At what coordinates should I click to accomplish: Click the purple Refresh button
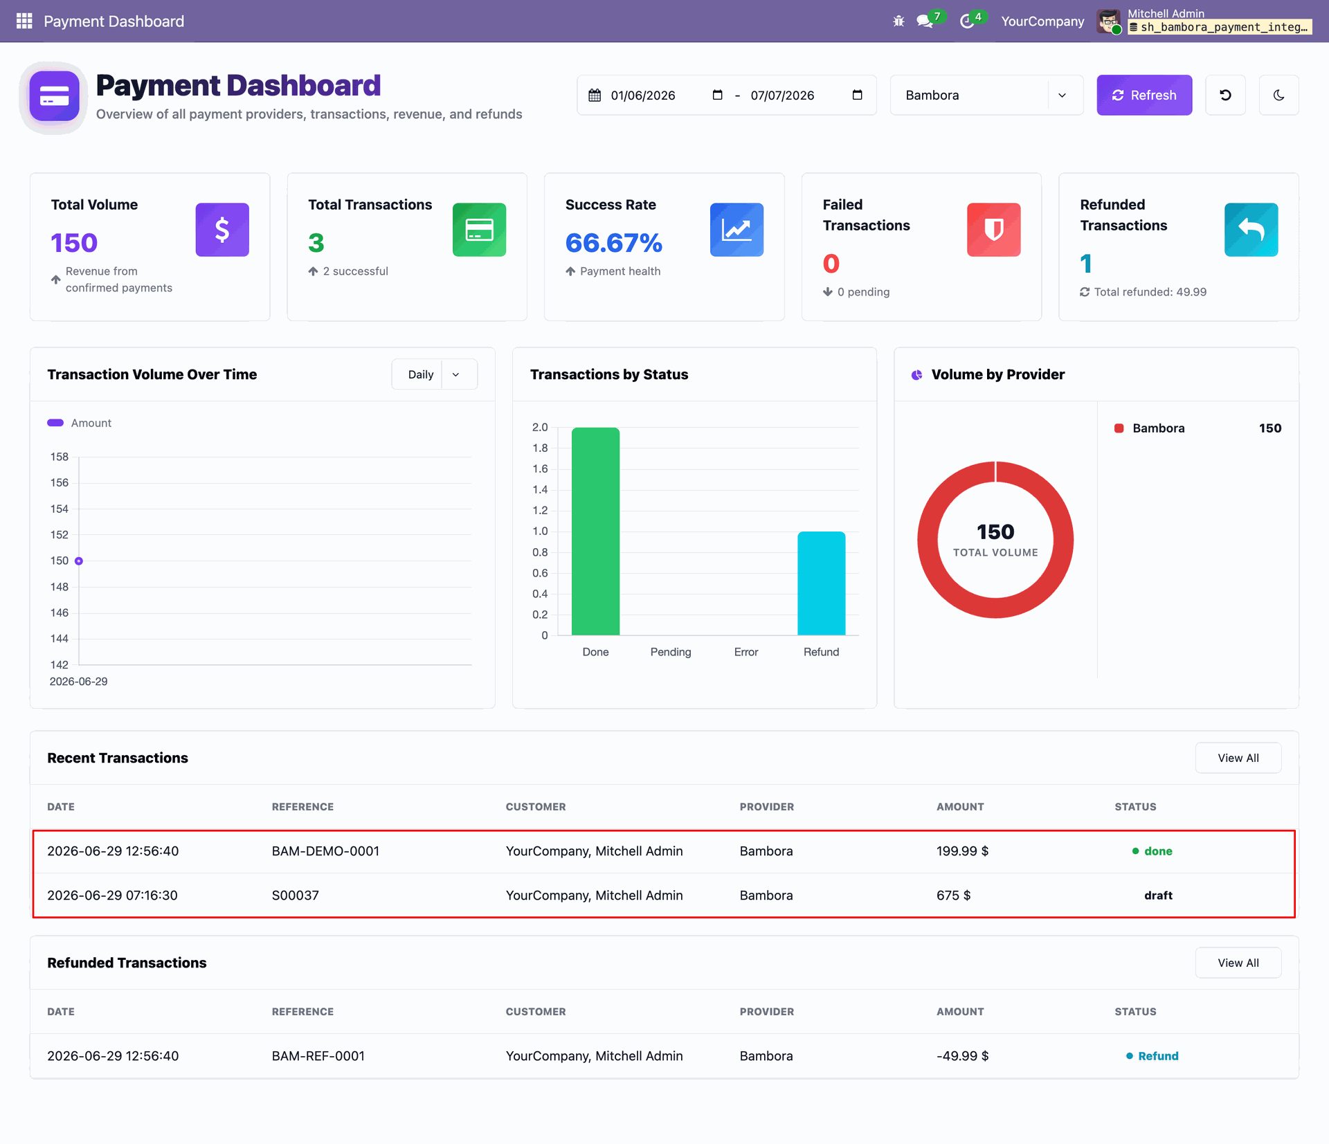(x=1144, y=95)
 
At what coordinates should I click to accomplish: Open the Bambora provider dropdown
(x=986, y=95)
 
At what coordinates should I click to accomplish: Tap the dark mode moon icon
(x=1278, y=95)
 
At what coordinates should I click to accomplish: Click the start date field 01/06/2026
(x=643, y=96)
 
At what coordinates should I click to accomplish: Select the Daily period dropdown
(x=434, y=374)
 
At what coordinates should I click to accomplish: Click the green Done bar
(x=595, y=531)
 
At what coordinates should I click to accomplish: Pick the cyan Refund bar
(x=821, y=583)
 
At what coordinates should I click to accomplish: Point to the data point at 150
(x=79, y=561)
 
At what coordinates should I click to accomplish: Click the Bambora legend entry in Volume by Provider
(x=1158, y=428)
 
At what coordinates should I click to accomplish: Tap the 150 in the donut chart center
(x=995, y=532)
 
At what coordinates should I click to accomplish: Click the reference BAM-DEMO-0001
(x=325, y=851)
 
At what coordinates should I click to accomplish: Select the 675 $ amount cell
(x=953, y=896)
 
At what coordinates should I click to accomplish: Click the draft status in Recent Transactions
(x=1158, y=896)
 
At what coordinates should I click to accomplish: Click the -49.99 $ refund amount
(x=962, y=1056)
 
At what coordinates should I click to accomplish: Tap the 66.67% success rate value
(x=614, y=243)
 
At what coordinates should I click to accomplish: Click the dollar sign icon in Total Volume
(x=222, y=230)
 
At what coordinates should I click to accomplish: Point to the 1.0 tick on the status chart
(x=540, y=532)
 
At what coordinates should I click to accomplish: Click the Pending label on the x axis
(x=671, y=652)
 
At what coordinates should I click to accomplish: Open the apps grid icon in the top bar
(x=24, y=21)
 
